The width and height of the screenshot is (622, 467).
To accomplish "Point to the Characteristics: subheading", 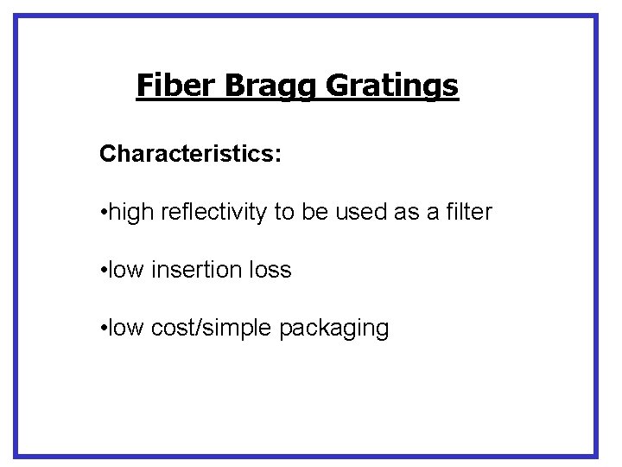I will (190, 154).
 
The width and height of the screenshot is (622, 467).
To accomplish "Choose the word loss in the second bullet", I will (270, 270).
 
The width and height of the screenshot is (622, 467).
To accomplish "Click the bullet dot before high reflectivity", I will (103, 213).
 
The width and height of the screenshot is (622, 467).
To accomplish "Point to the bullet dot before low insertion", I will (103, 271).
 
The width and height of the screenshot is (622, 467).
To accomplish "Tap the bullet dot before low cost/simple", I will (103, 329).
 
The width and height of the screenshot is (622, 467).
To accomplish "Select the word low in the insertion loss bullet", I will (127, 270).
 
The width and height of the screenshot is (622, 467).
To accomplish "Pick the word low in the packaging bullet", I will (127, 329).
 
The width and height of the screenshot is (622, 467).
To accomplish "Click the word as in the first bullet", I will (406, 212).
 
